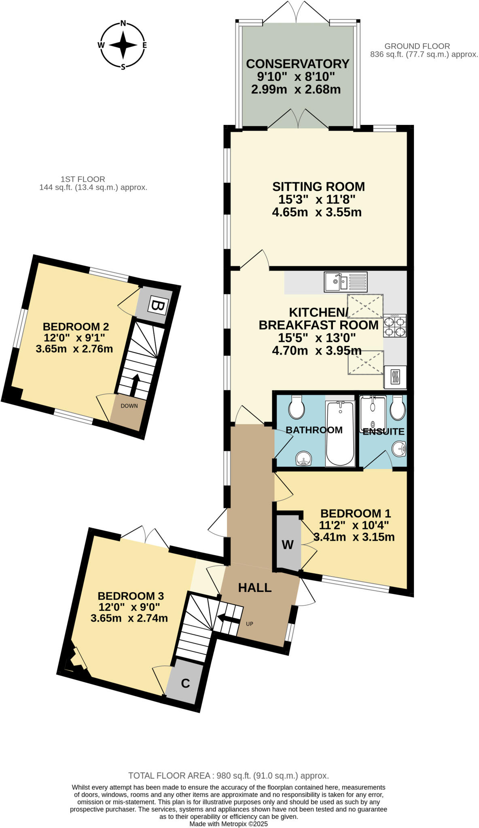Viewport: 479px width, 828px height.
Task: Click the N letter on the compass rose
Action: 123,23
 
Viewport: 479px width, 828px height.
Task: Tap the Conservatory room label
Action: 297,64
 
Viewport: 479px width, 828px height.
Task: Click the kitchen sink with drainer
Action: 345,282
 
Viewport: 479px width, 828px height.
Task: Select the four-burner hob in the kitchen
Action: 395,326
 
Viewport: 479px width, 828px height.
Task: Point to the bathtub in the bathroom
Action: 340,433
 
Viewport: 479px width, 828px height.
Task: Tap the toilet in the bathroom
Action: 297,408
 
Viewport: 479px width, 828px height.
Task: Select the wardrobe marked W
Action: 288,545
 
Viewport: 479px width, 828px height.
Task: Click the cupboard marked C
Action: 185,683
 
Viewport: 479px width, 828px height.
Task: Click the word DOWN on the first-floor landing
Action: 129,406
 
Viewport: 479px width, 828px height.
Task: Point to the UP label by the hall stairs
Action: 250,624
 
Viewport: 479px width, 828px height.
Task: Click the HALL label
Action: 254,588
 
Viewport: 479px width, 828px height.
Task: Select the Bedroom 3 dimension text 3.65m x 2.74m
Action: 129,618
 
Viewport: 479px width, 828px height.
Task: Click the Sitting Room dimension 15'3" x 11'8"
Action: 317,199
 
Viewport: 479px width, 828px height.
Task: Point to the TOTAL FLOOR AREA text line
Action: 229,775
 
